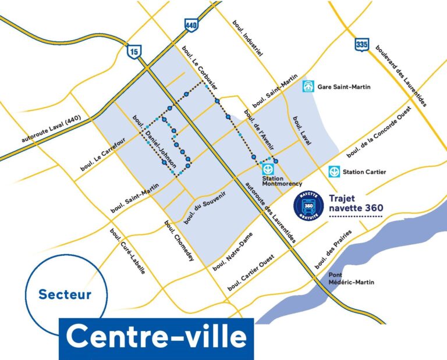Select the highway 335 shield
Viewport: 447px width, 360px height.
[361, 44]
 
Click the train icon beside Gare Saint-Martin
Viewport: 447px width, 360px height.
[309, 87]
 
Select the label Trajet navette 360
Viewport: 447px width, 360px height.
[356, 202]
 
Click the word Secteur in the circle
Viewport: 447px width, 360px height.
[65, 295]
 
